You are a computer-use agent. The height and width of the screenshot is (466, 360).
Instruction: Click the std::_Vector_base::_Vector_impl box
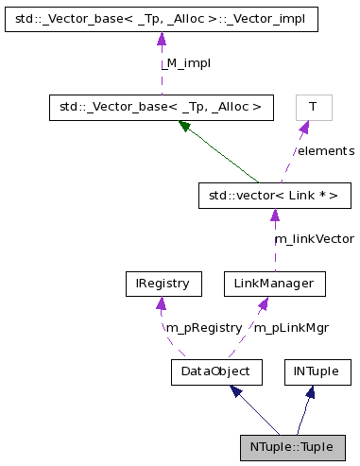pos(161,19)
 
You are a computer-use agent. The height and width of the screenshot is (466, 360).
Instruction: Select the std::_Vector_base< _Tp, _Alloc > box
pos(161,108)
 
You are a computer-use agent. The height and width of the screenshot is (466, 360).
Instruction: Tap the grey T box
pos(312,108)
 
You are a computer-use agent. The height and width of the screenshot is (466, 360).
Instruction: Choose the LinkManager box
pos(274,283)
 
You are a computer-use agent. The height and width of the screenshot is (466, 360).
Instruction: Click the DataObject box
pos(215,371)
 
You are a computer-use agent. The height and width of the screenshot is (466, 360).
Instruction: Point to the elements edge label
pos(326,150)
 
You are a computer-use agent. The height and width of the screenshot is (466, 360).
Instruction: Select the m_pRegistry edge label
pos(202,327)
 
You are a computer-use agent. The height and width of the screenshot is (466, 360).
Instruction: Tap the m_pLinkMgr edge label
pos(291,327)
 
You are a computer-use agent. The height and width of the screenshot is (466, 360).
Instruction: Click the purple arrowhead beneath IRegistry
pos(162,303)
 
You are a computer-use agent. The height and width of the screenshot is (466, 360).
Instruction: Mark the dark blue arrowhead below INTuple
pos(310,391)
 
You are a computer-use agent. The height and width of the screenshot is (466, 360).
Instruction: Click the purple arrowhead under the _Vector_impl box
pos(162,40)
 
